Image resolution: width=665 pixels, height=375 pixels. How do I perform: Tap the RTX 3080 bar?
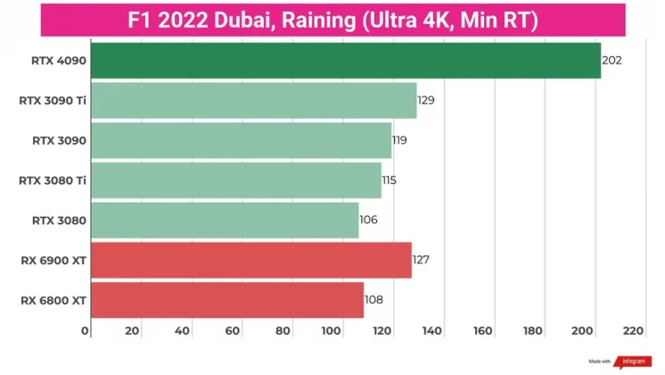(x=224, y=221)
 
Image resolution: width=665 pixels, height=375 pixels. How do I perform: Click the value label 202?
(x=612, y=61)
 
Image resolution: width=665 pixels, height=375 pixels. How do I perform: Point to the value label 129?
(x=426, y=101)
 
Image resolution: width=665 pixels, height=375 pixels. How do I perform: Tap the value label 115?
(x=389, y=180)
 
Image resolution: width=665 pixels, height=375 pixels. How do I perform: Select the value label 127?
(x=422, y=261)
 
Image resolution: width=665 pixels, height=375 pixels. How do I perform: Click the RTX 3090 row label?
(x=59, y=141)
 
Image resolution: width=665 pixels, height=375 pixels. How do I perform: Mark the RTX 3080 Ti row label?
(x=53, y=180)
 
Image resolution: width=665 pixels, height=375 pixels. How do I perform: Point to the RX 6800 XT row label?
(x=53, y=301)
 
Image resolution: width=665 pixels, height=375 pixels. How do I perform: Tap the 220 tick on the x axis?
(x=633, y=331)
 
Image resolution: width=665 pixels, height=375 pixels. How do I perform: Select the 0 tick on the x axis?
(x=86, y=331)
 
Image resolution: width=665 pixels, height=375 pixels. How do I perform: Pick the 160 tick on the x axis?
(x=483, y=331)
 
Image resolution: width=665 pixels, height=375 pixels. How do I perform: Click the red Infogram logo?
(x=629, y=362)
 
